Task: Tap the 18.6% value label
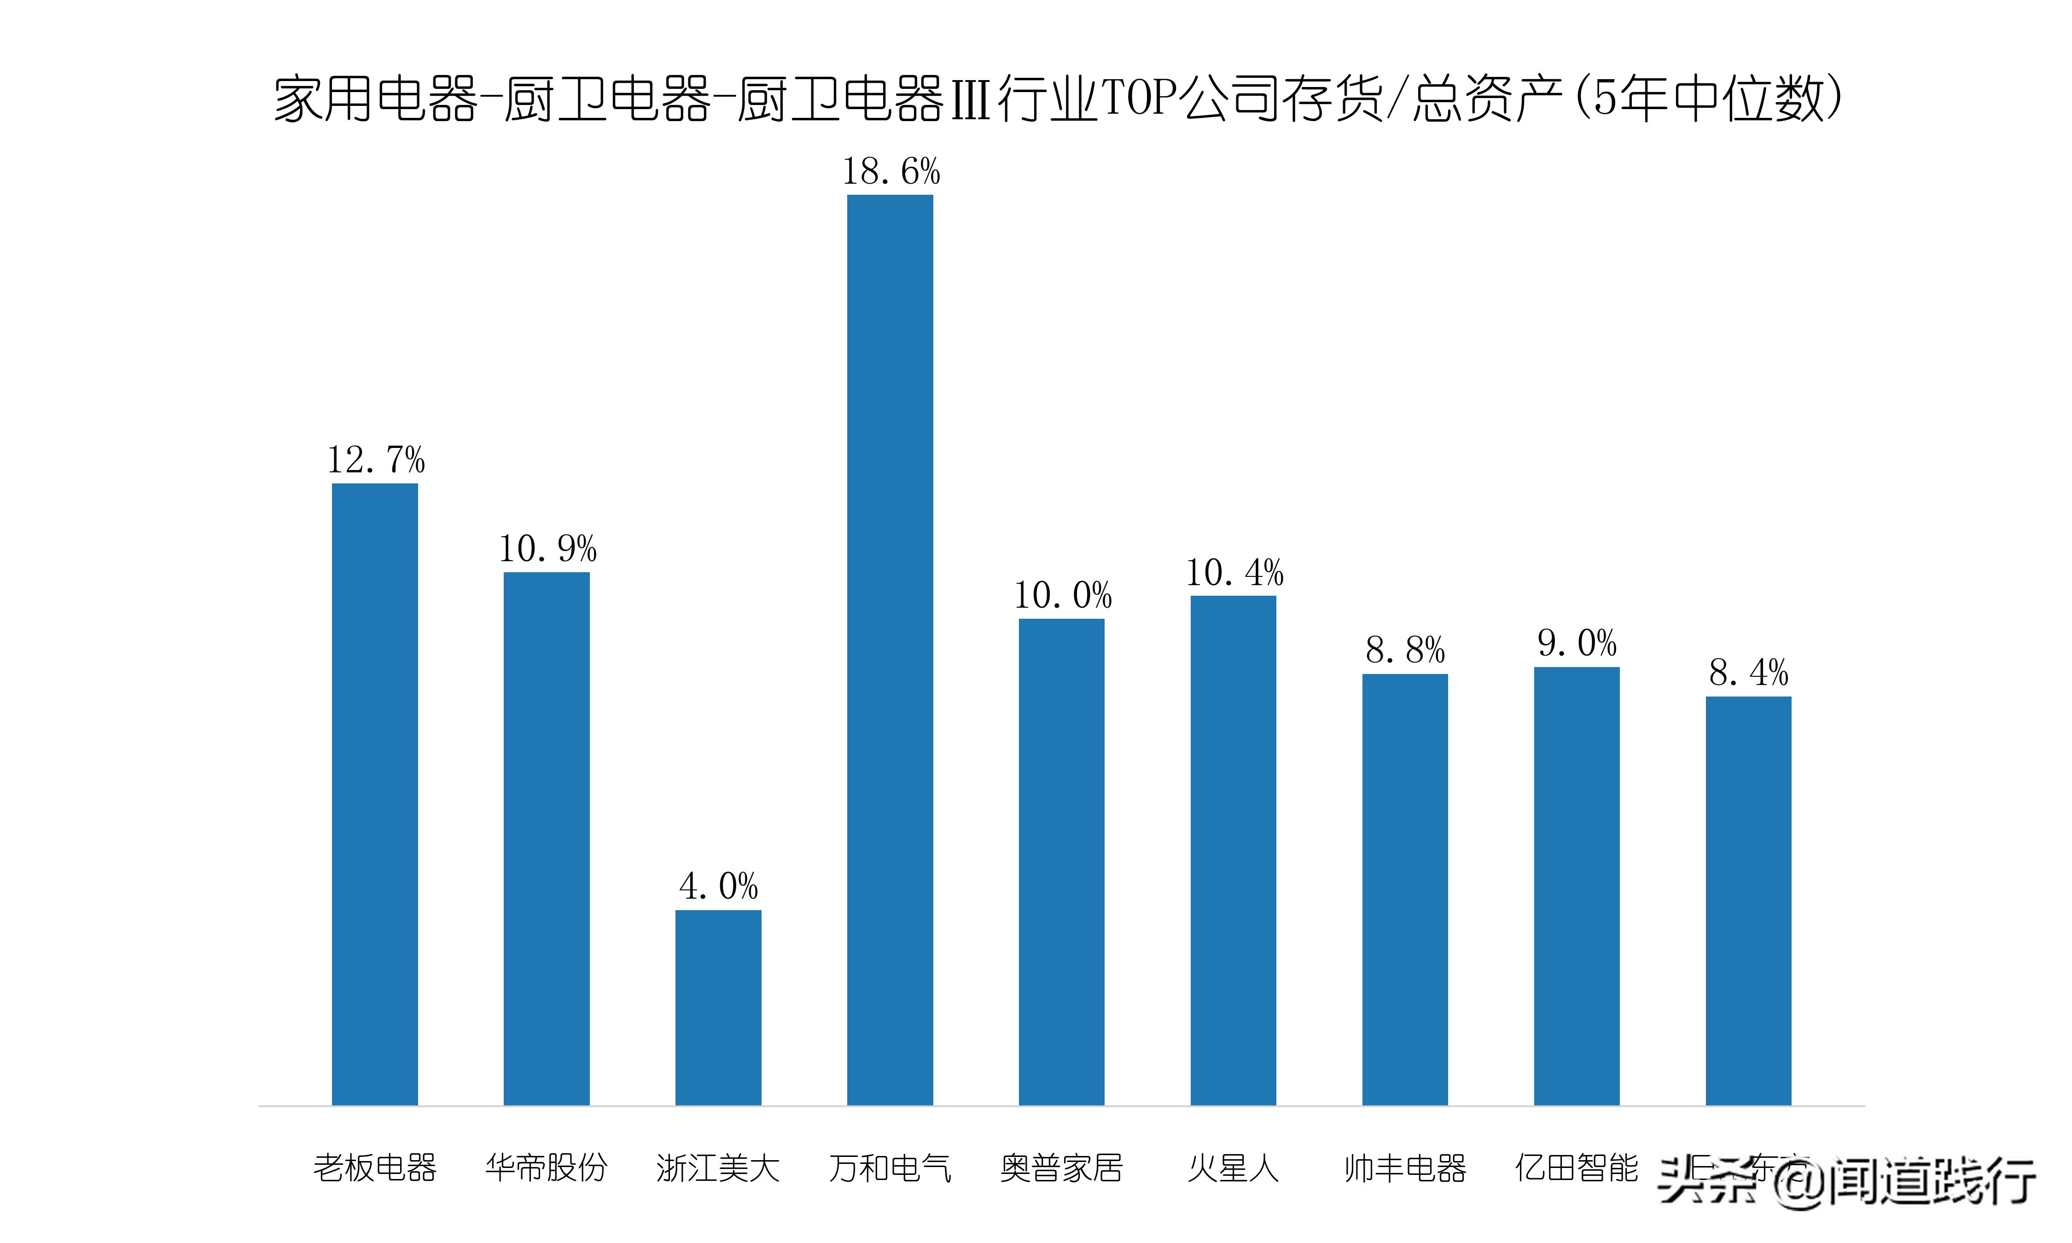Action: coord(890,172)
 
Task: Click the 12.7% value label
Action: coord(376,460)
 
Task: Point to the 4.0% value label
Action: coord(719,886)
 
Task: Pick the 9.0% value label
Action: coord(1577,643)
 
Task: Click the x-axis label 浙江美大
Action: coord(718,1167)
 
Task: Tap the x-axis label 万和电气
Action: coord(890,1167)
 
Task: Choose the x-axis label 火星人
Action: coord(1233,1167)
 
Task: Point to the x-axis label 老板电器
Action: coord(374,1167)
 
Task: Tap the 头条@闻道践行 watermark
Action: coord(1847,1182)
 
